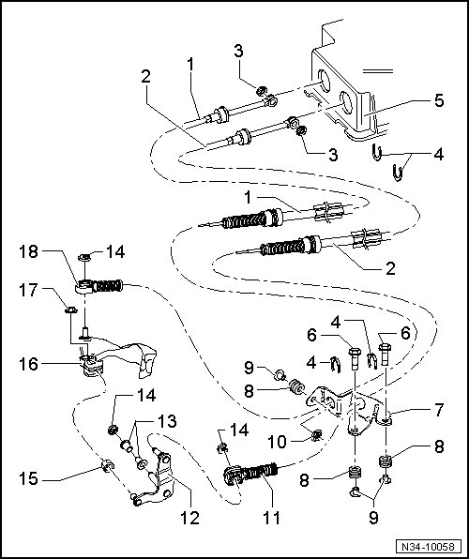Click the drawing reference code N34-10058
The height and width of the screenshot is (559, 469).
(x=429, y=547)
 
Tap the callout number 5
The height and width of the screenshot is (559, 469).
(x=439, y=100)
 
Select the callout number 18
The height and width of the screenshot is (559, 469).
(x=28, y=251)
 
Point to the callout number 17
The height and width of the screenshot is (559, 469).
(x=28, y=290)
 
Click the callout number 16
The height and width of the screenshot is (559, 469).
(x=28, y=364)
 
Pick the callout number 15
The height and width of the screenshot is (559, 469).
(x=28, y=478)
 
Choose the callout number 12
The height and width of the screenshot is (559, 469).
(x=189, y=518)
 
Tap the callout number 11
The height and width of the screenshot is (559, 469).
(x=271, y=518)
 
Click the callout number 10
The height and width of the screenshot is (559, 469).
(x=278, y=442)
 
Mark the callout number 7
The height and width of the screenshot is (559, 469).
(x=438, y=410)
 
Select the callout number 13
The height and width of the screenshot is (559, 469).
(x=167, y=421)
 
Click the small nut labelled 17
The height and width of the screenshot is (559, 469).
(x=71, y=310)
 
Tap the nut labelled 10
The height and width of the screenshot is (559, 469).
(x=316, y=434)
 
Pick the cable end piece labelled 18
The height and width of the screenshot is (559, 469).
(x=99, y=286)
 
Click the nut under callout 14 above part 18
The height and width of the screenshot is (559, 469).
(x=84, y=256)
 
